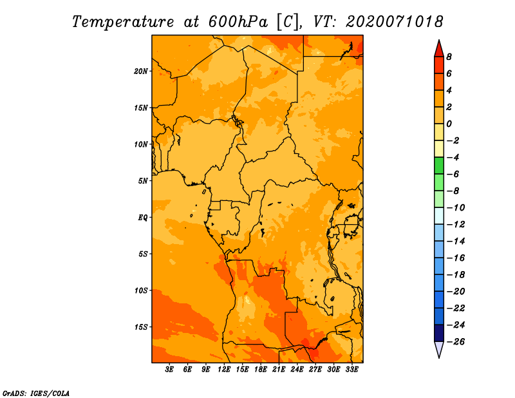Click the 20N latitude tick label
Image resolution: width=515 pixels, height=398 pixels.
coord(141,71)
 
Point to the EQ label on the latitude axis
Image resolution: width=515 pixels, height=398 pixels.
coord(143,218)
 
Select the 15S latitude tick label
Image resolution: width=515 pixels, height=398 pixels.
coord(141,327)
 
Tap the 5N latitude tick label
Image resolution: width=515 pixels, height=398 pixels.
coord(143,181)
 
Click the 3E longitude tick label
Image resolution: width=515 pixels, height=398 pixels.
coord(169,369)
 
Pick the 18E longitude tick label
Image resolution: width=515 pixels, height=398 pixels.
coord(261,369)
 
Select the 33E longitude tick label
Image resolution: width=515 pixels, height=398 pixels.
coord(351,369)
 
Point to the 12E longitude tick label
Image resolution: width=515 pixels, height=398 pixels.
coord(224,369)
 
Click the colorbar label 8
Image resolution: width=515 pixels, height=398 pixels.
coord(449,57)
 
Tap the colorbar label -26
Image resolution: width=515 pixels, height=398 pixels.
coord(456,342)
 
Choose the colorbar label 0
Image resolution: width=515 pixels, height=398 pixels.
coord(449,124)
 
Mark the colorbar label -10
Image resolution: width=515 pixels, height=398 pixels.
coord(456,208)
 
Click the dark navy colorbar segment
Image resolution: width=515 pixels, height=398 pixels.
coord(439,333)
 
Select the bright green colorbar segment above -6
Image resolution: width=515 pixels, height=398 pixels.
coord(439,166)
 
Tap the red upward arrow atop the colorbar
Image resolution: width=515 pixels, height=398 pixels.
coord(439,48)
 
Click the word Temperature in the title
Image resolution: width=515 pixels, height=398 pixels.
coord(123,23)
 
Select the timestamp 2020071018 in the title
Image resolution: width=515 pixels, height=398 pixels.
coord(394,22)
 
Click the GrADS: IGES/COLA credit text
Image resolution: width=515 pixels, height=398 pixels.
coord(36,393)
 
